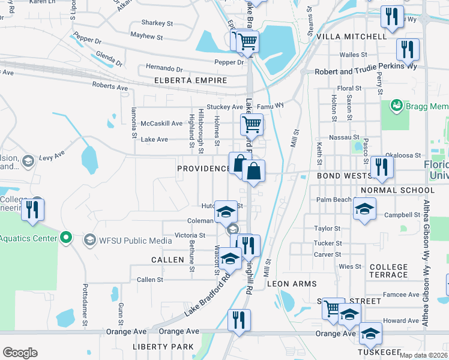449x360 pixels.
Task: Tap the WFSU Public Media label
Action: (x=130, y=241)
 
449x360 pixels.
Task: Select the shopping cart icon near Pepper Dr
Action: (x=247, y=41)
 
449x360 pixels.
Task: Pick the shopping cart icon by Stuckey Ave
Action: (x=252, y=125)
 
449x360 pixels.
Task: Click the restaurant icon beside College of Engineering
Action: (x=32, y=210)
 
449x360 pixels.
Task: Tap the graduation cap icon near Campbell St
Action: (x=364, y=209)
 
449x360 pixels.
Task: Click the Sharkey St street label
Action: (x=156, y=23)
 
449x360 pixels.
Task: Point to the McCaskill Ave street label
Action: (x=161, y=124)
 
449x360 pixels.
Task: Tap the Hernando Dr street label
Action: (x=163, y=69)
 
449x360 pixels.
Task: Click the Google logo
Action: (x=20, y=352)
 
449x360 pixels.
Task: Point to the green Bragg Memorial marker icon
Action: (x=396, y=106)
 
